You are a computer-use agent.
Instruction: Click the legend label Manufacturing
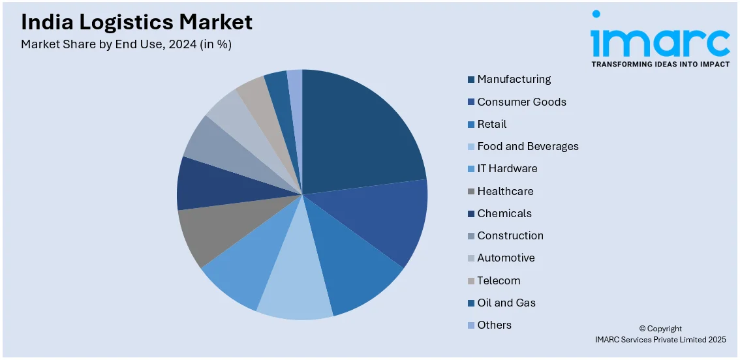click(x=514, y=80)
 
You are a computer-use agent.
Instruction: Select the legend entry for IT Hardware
click(x=507, y=169)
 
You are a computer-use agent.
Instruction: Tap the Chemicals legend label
click(x=504, y=214)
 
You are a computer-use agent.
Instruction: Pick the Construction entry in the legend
click(x=510, y=236)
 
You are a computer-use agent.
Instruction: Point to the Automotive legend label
click(x=506, y=258)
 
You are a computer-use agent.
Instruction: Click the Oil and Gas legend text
click(x=506, y=303)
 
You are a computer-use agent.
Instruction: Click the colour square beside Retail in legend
click(x=470, y=125)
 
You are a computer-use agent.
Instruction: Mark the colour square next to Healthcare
click(x=470, y=192)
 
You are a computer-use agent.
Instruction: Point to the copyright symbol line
click(x=660, y=329)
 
